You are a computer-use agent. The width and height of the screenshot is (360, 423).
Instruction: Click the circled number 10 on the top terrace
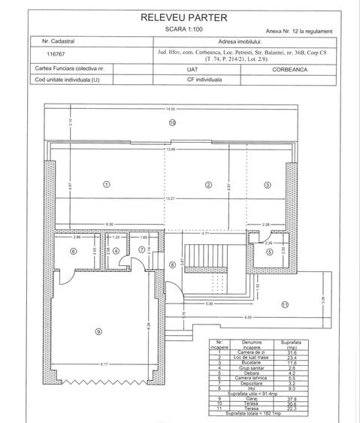[172, 122]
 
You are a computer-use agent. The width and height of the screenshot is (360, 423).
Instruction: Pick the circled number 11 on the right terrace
[285, 304]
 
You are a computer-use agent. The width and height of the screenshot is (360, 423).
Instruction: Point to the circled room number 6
[74, 251]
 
